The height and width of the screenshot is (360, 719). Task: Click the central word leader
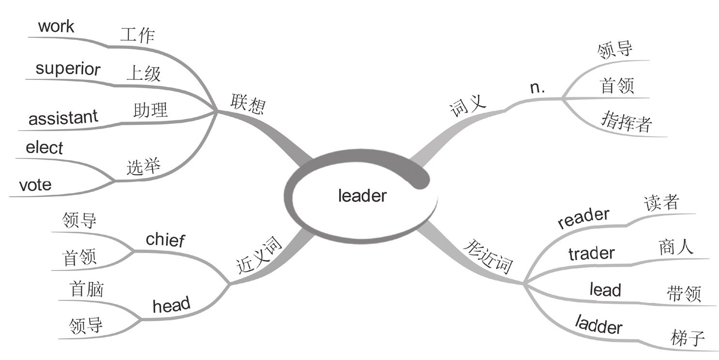(362, 196)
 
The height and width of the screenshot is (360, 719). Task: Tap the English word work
(56, 26)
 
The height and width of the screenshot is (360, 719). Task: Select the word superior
(68, 69)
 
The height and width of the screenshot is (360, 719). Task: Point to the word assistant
(63, 117)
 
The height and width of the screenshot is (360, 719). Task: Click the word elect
(45, 148)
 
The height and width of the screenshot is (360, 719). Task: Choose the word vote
(35, 184)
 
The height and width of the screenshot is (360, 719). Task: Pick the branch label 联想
(248, 103)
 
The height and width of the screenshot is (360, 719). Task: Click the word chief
(165, 239)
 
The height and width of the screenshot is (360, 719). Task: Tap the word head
(171, 306)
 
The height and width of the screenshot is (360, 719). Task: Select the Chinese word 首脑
(87, 289)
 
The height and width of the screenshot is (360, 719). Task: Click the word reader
(583, 219)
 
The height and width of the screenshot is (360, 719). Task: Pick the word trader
(591, 253)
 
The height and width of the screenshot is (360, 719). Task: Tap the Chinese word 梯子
(688, 337)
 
